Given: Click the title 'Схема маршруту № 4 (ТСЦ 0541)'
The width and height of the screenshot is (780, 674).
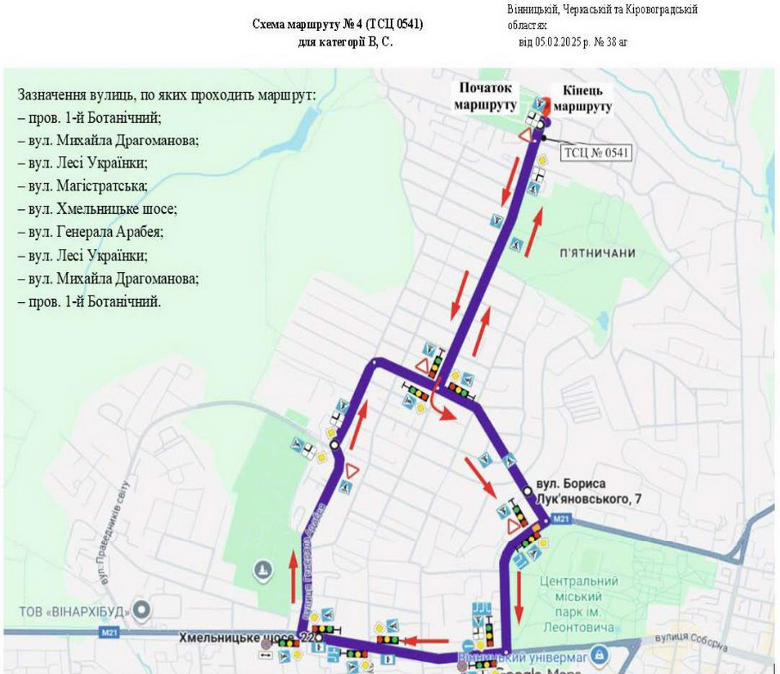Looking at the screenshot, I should pyautogui.click(x=337, y=25).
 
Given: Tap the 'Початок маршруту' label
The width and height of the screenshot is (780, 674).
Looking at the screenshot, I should pyautogui.click(x=486, y=96).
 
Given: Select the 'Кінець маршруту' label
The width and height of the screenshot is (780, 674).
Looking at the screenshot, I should pyautogui.click(x=582, y=99).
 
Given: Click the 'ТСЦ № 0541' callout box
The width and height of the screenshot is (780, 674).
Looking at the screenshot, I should pyautogui.click(x=596, y=152).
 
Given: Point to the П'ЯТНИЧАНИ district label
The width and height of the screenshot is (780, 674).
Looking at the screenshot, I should pyautogui.click(x=597, y=253).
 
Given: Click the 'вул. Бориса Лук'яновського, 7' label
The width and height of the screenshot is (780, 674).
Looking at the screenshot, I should pyautogui.click(x=588, y=491).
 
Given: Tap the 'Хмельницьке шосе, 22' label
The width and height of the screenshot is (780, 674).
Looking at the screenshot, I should pyautogui.click(x=247, y=638).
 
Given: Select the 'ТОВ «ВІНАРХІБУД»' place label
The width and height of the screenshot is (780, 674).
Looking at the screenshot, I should pyautogui.click(x=75, y=611).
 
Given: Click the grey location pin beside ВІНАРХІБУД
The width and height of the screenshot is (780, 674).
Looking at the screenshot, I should pyautogui.click(x=142, y=610).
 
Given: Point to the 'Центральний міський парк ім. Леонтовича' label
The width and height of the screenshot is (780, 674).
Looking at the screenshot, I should pyautogui.click(x=578, y=604).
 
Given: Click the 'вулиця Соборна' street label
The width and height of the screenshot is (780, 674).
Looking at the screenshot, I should pyautogui.click(x=690, y=642).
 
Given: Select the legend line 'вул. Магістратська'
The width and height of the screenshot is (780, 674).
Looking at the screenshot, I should pyautogui.click(x=88, y=187).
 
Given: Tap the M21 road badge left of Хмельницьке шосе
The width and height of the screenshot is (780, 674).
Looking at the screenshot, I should pyautogui.click(x=109, y=632).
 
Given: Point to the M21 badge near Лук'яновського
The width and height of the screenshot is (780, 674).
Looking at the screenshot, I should pyautogui.click(x=561, y=519).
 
